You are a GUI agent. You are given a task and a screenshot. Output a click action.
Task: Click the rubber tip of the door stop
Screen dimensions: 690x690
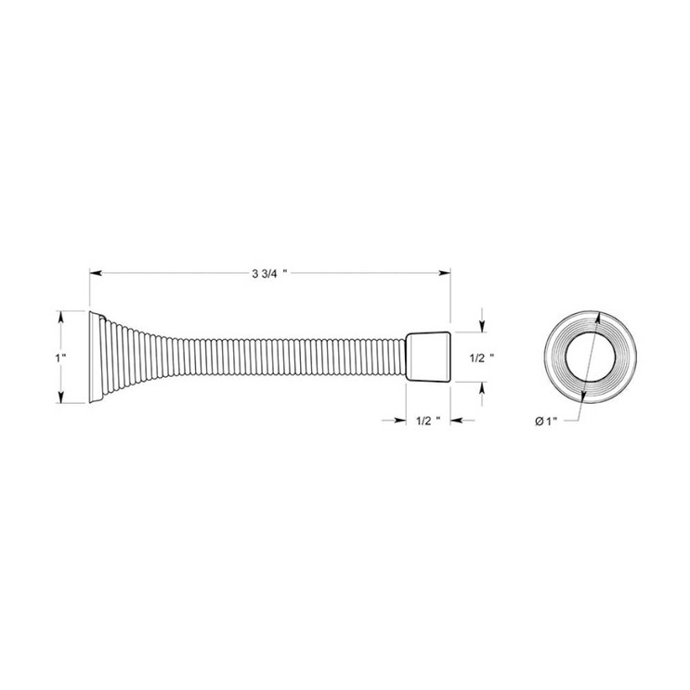click(x=428, y=357)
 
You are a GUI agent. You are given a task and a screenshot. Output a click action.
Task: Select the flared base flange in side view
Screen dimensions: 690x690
click(x=96, y=357)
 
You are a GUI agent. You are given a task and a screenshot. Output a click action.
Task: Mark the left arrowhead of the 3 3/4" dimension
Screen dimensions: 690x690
click(x=95, y=273)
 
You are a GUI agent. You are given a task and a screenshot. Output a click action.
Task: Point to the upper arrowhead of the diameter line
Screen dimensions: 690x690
click(x=597, y=316)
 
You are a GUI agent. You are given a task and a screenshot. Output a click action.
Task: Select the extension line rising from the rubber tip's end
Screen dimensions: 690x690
click(x=451, y=297)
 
